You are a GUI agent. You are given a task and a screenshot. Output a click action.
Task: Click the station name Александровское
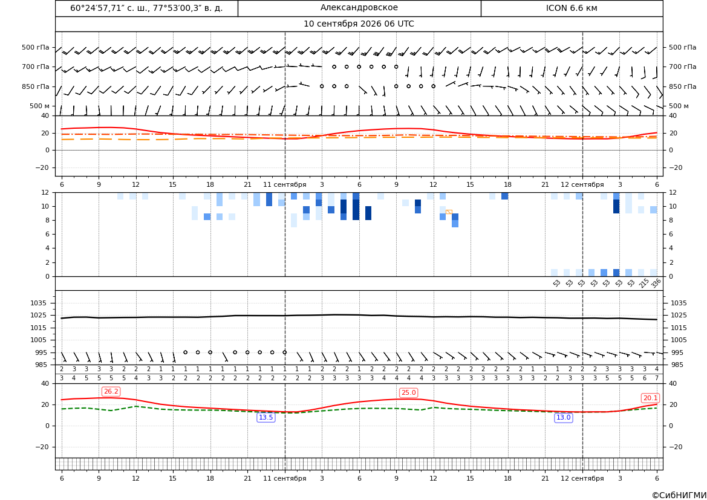(x=359, y=8)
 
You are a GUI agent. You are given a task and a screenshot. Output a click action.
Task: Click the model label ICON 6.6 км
(x=572, y=8)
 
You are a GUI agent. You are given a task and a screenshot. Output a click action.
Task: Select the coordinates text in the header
(x=146, y=8)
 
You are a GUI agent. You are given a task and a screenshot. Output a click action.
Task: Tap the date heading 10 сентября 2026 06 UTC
(x=359, y=24)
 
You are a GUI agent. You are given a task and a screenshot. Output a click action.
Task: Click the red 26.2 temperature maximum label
(x=111, y=391)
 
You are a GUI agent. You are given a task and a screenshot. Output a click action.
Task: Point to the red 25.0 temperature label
(x=408, y=393)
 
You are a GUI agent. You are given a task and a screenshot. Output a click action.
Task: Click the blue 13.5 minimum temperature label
(x=266, y=418)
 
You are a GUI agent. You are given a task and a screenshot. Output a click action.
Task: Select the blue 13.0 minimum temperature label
(x=563, y=418)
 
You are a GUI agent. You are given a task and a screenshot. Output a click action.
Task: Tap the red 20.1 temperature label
(x=650, y=398)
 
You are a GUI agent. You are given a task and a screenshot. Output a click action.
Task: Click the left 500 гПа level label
(x=36, y=47)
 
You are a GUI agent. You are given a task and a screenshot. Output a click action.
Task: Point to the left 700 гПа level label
(x=36, y=67)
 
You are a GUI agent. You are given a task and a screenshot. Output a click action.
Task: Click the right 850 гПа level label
(x=683, y=86)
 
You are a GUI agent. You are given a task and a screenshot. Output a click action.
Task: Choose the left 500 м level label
(x=40, y=106)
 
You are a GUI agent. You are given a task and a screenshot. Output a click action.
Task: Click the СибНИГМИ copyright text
(x=679, y=495)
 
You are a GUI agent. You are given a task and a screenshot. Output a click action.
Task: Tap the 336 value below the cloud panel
(x=656, y=283)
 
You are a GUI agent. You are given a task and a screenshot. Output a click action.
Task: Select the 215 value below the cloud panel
(x=644, y=283)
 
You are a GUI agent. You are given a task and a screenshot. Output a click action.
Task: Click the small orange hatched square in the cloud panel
(x=449, y=212)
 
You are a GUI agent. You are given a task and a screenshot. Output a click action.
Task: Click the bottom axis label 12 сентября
(x=582, y=478)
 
